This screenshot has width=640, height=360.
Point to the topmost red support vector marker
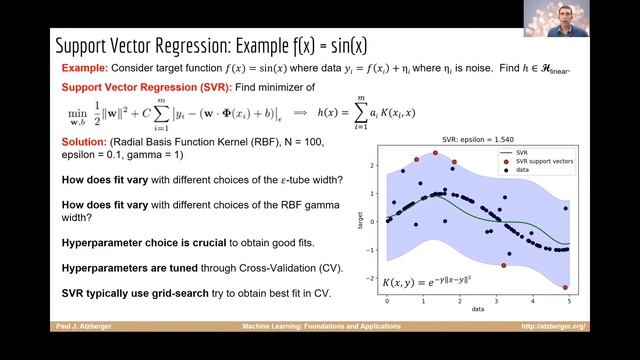[x=435, y=153]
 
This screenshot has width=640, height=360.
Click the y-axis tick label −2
[x=370, y=278]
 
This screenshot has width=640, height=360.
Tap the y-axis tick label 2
[x=372, y=165]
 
